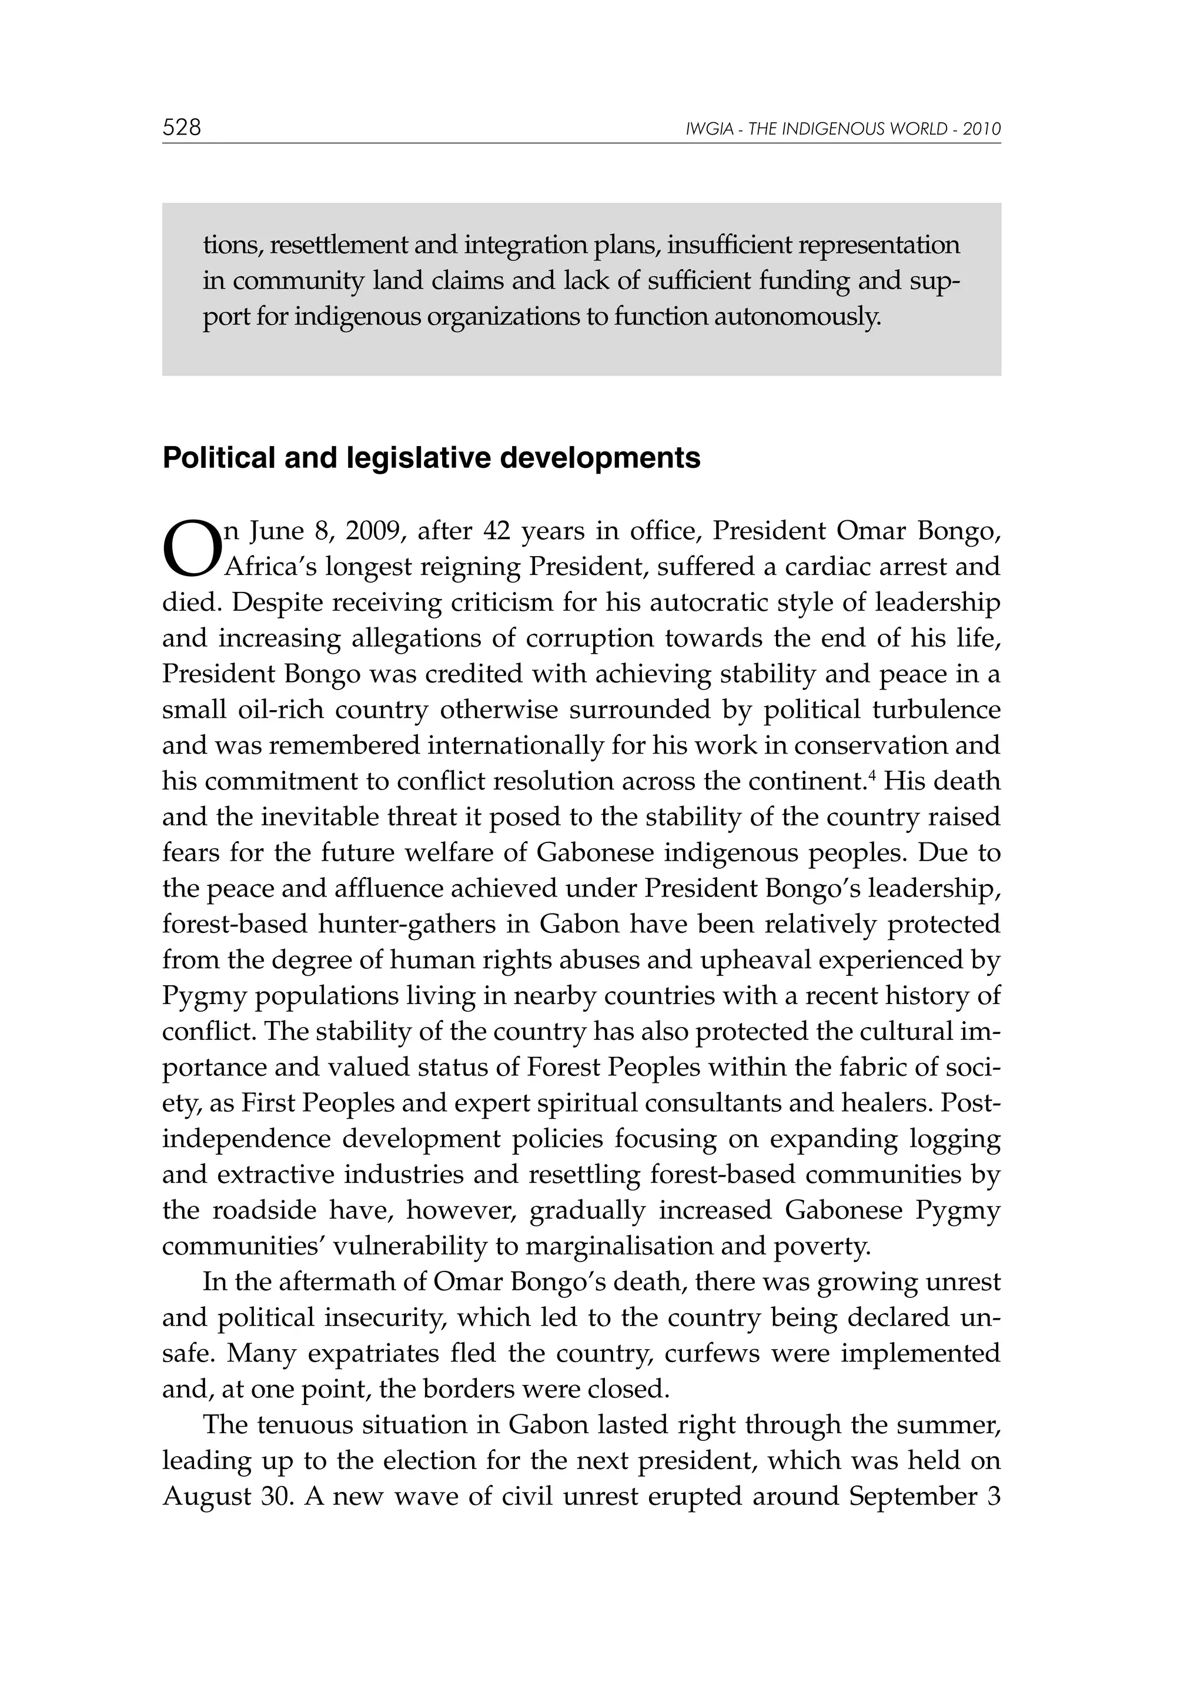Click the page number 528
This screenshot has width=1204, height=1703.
pyautogui.click(x=182, y=128)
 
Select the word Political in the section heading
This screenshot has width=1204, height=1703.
pyautogui.click(x=213, y=458)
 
